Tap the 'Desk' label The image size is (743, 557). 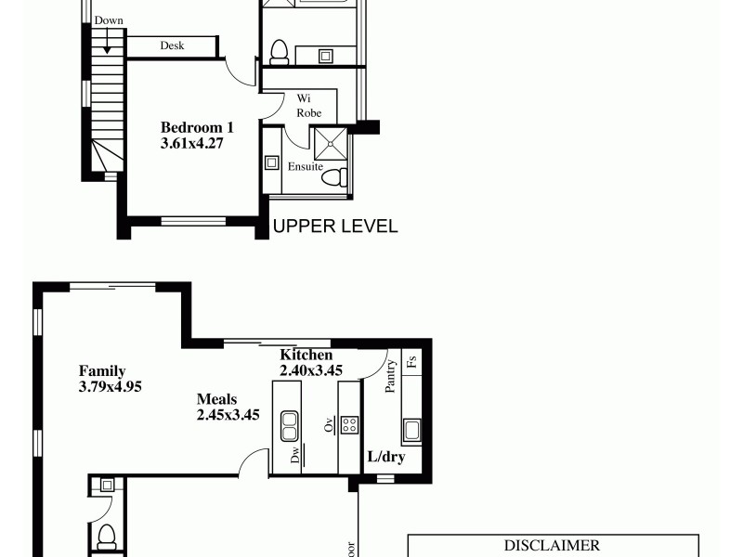click(172, 45)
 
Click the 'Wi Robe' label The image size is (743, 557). click(309, 105)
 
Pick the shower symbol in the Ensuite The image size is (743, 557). click(329, 144)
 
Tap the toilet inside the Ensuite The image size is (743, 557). click(341, 176)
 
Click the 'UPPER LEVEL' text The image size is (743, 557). click(334, 226)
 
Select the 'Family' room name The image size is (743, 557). click(102, 371)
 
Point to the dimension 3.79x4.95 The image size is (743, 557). click(110, 387)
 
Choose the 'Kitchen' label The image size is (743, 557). click(306, 356)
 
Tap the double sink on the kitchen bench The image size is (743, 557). click(290, 426)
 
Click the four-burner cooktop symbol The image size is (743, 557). click(350, 424)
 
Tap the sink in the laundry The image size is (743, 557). click(411, 430)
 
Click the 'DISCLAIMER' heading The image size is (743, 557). click(552, 546)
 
